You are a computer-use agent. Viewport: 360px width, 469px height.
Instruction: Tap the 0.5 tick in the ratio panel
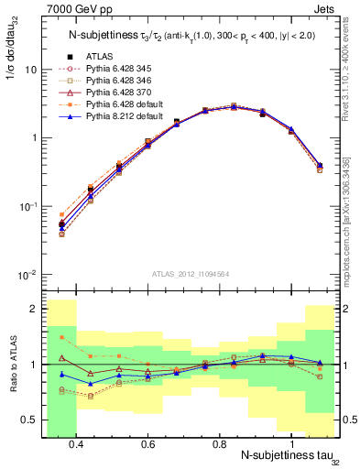(x=30, y=420)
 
